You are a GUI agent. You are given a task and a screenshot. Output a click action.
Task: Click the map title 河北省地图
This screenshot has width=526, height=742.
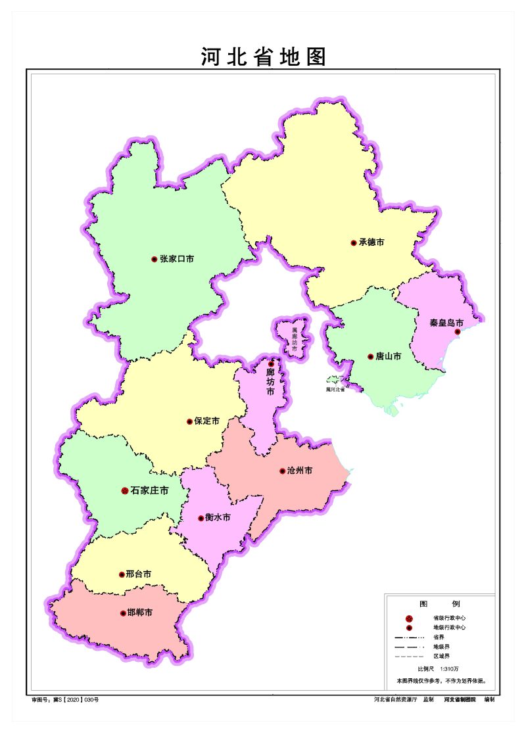264,57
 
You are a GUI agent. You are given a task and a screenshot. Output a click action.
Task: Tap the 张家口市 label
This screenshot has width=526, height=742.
177,259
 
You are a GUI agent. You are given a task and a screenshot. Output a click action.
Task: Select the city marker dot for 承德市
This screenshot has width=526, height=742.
353,243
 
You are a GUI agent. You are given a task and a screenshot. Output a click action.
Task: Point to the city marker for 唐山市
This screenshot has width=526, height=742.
371,357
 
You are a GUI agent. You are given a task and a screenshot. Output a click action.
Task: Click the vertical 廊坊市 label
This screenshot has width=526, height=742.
270,382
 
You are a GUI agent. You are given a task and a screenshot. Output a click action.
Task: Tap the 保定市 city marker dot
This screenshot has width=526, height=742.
190,421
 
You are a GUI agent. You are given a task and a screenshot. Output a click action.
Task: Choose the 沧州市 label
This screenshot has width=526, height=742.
299,471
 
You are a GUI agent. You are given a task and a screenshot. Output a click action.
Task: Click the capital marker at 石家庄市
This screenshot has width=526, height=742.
125,490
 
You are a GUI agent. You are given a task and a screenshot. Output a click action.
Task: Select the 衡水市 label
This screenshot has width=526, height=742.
218,518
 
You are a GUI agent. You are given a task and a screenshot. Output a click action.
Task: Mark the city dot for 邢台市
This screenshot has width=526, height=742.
122,574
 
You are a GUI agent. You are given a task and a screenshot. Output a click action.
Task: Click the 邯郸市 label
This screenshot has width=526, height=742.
140,613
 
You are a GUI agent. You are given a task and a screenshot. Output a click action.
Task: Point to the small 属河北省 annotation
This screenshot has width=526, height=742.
335,389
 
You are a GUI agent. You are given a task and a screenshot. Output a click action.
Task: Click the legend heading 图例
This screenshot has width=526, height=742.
440,603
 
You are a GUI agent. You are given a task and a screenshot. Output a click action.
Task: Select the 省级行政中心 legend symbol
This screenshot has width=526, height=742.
408,618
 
